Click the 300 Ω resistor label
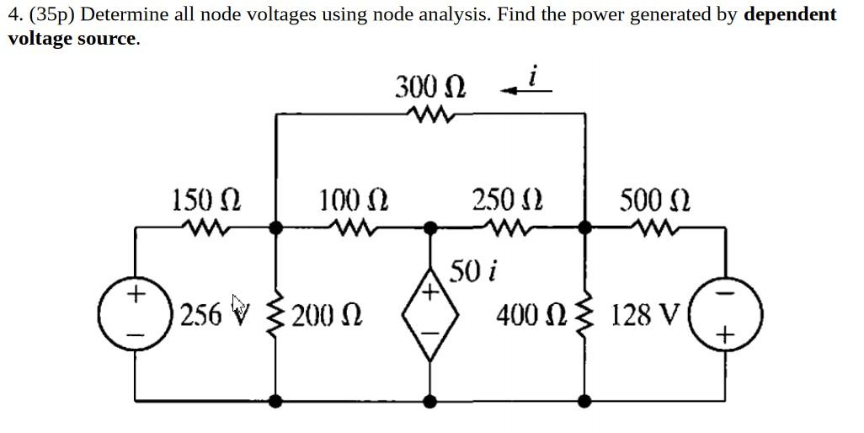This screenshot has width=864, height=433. click(431, 87)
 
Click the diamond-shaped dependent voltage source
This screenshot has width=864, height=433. click(430, 314)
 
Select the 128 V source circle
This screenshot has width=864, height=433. click(726, 314)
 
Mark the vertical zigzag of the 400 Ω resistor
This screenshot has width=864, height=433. click(585, 315)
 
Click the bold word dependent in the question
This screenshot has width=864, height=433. click(790, 14)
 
